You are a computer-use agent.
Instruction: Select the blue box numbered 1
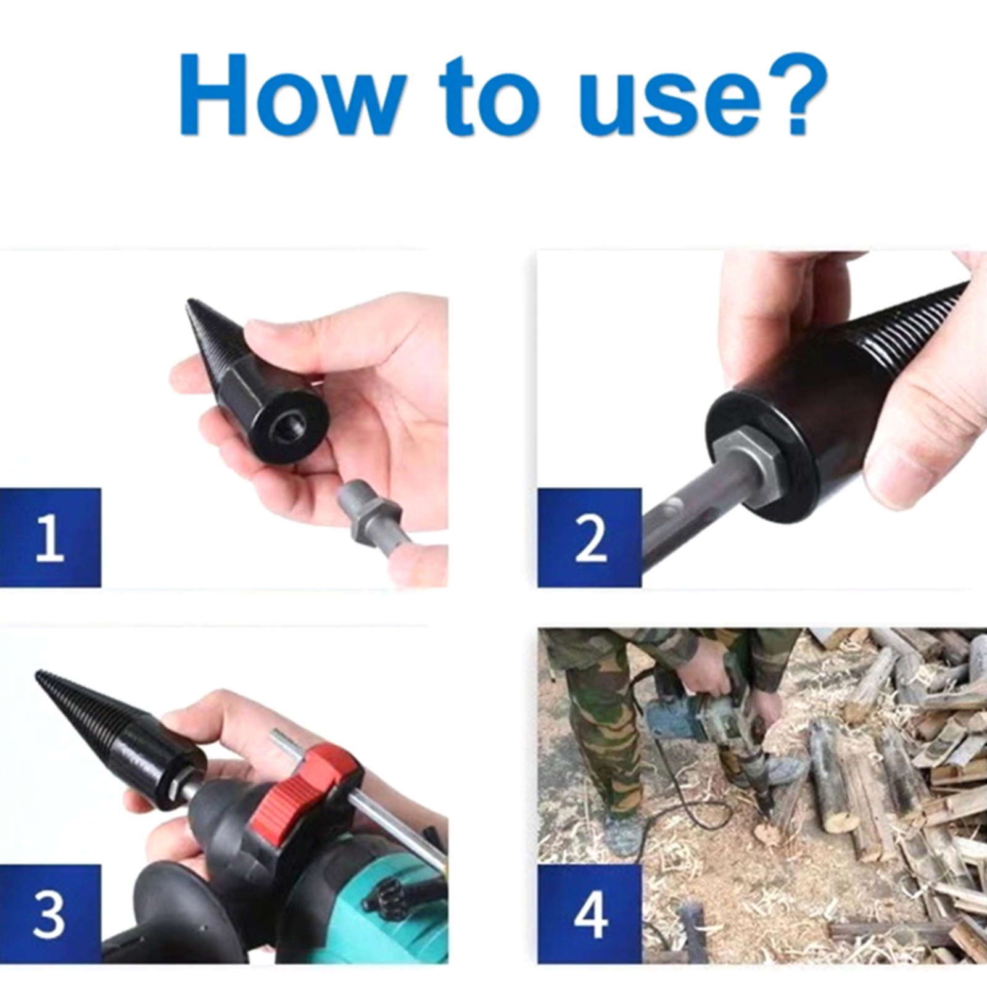pos(50,537)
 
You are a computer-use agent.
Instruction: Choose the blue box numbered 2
pos(589,537)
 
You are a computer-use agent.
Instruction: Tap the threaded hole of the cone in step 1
pos(289,427)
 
